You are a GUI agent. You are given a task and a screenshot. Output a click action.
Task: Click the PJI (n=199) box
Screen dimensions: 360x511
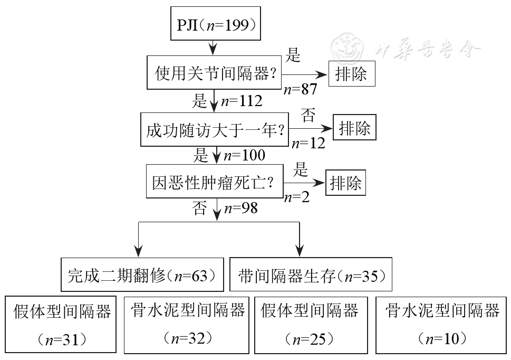215,25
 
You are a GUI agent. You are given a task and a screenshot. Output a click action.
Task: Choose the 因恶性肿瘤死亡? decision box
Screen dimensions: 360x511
215,183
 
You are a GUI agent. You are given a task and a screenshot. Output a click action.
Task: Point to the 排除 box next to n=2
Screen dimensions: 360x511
346,183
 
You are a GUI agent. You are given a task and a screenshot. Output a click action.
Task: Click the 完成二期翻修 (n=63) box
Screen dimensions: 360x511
142,275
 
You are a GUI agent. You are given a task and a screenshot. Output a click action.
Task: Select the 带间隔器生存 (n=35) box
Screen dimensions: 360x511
311,275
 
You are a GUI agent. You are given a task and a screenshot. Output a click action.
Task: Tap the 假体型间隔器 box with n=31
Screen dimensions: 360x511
61,325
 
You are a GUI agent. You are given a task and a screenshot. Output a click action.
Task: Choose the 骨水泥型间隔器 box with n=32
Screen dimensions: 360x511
187,325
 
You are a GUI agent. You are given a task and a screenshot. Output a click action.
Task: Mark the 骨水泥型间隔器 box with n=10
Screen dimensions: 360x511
441,325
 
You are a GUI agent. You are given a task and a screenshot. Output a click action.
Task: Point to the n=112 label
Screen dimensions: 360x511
241,101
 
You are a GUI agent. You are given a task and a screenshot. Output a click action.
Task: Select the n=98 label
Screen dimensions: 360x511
240,208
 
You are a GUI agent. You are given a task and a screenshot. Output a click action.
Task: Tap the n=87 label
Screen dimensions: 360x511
301,90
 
